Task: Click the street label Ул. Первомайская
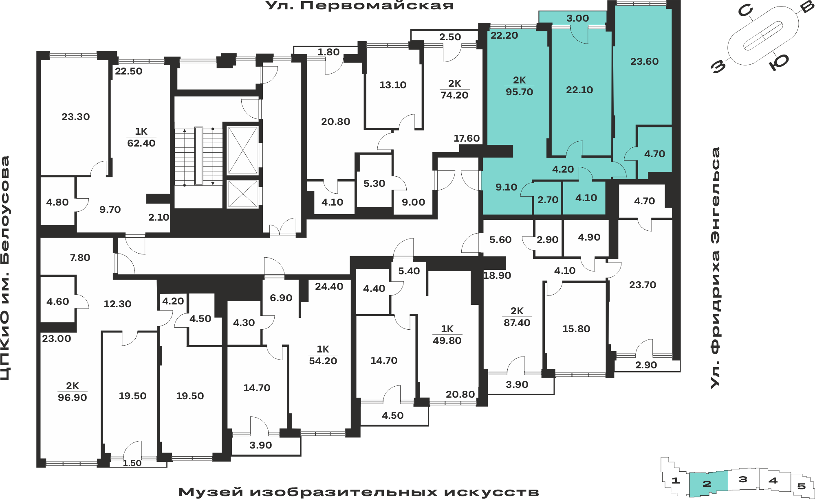[x=359, y=6]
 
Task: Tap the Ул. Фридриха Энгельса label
[x=715, y=268]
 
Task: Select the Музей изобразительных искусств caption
[x=359, y=492]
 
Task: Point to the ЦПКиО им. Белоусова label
[x=5, y=268]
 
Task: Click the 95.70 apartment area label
[x=519, y=92]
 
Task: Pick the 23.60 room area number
[x=644, y=61]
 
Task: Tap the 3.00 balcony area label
[x=577, y=18]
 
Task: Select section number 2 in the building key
[x=707, y=484]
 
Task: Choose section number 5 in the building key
[x=801, y=486]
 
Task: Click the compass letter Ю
[x=779, y=63]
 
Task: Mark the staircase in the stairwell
[x=198, y=156]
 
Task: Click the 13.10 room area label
[x=393, y=85]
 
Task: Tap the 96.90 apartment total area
[x=73, y=398]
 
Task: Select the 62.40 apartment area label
[x=141, y=143]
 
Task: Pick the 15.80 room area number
[x=576, y=329]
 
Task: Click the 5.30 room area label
[x=374, y=184]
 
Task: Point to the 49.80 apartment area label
[x=447, y=341]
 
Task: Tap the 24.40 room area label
[x=329, y=287]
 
